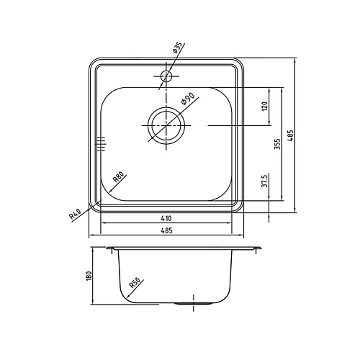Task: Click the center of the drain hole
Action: point(167,125)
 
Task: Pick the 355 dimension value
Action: point(276,144)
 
